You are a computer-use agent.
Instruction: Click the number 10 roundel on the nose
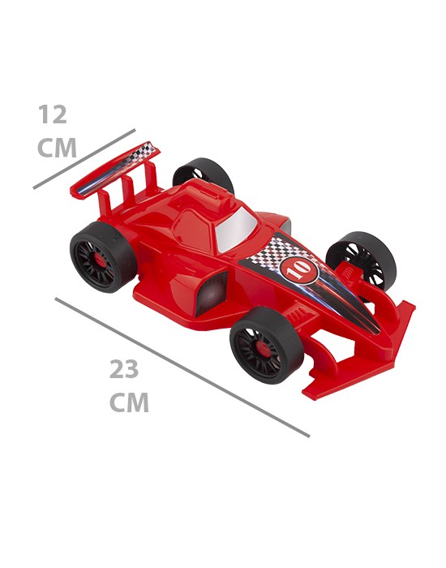299,270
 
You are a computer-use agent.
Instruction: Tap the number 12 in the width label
53,114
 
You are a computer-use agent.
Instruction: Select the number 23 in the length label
124,369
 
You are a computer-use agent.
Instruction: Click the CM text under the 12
57,148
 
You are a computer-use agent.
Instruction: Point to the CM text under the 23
129,402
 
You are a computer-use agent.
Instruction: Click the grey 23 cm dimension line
182,368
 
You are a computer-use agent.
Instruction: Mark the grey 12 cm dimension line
84,159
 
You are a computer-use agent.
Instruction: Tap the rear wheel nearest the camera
103,256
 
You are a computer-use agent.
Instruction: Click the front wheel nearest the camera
267,345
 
